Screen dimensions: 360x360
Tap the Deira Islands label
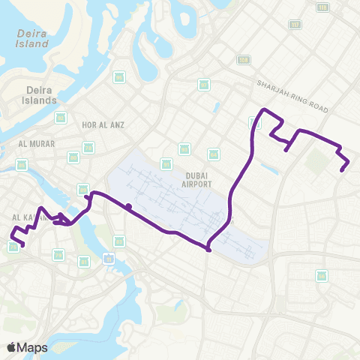[37, 94]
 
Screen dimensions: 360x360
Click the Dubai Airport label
[196, 178]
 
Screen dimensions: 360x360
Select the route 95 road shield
[119, 77]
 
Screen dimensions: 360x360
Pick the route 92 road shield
[204, 84]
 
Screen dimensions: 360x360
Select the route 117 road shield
[294, 24]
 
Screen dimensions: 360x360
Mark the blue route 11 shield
[109, 259]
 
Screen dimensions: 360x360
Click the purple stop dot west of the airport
[129, 206]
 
